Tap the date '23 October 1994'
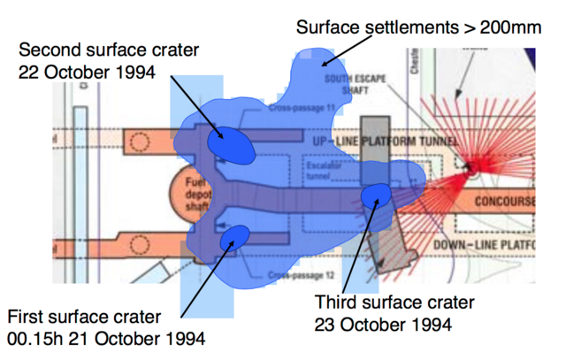tap(382, 325)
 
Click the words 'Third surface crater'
tap(394, 303)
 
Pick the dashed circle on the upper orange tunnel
tap(138, 140)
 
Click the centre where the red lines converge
tap(474, 165)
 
